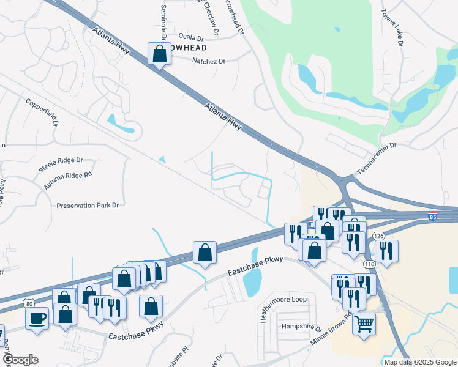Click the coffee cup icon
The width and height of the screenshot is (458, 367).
[37, 318]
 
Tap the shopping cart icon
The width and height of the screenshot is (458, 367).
[364, 324]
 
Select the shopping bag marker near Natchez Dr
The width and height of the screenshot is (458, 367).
[159, 53]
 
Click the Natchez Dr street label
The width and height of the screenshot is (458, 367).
[209, 61]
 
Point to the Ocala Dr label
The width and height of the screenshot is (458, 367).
[190, 37]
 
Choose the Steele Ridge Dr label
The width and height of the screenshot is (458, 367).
[61, 160]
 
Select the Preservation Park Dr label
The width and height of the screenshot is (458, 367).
[87, 206]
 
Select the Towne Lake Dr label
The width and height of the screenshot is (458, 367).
[391, 28]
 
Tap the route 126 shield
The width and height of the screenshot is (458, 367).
[378, 236]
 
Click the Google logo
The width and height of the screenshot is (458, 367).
[20, 360]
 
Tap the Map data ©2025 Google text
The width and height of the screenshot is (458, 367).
[420, 362]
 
